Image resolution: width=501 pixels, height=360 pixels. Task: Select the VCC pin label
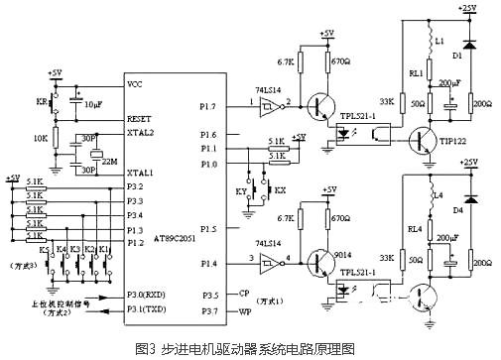(x=136, y=85)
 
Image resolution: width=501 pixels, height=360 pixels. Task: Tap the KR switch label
(x=40, y=103)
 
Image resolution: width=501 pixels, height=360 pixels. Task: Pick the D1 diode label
(x=457, y=57)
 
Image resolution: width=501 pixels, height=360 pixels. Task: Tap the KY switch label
(x=240, y=187)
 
